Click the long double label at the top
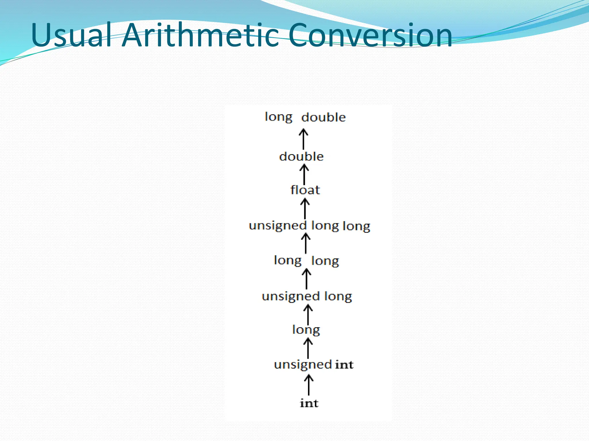[305, 117]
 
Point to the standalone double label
[301, 156]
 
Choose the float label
[305, 190]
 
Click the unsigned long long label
[309, 226]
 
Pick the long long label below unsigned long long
[306, 261]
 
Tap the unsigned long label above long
[307, 296]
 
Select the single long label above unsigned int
[306, 330]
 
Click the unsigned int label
[313, 365]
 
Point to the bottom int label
[309, 403]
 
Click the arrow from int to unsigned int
[309, 385]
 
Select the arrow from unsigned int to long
[308, 348]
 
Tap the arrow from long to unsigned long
[308, 314]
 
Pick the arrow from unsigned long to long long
[307, 278]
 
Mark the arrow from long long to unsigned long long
[306, 243]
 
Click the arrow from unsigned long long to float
[305, 209]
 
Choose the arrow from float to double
[304, 175]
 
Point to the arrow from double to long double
[303, 139]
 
